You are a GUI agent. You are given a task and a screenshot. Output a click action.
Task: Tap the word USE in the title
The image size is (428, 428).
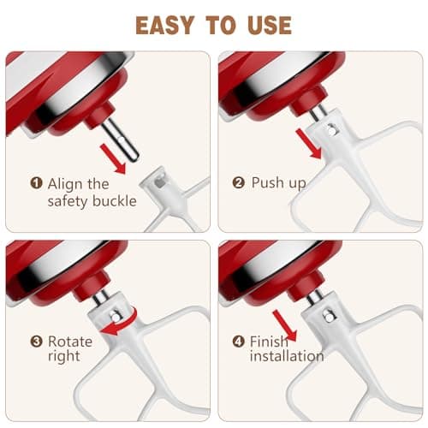270,26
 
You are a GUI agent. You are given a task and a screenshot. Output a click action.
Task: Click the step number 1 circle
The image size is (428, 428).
36,183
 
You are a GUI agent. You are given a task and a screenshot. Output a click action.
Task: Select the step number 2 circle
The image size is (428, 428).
239,182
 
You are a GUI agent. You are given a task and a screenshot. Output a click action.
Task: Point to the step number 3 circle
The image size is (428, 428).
36,341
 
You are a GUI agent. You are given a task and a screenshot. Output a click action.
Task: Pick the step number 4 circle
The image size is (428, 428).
239,341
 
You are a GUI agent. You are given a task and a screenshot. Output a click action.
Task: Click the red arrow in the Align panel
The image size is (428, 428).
113,158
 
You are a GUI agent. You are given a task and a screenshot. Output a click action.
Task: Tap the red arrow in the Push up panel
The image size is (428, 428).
309,144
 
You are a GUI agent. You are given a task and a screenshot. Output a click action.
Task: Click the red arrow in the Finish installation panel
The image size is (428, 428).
285,325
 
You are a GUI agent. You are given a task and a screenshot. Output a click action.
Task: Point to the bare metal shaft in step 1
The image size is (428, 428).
121,140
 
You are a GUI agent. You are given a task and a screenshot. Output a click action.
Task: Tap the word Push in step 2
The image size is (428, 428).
267,182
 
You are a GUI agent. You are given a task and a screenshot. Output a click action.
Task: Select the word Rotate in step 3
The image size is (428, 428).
70,342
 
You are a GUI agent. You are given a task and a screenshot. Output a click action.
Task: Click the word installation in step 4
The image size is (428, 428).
287,356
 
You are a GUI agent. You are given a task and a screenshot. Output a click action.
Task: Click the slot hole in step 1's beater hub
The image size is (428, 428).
160,183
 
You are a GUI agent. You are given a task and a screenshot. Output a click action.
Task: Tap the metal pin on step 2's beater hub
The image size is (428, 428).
331,130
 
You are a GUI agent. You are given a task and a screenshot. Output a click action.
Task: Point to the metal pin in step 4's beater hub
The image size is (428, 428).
330,318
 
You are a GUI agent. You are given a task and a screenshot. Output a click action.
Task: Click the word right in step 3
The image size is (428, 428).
64,357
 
